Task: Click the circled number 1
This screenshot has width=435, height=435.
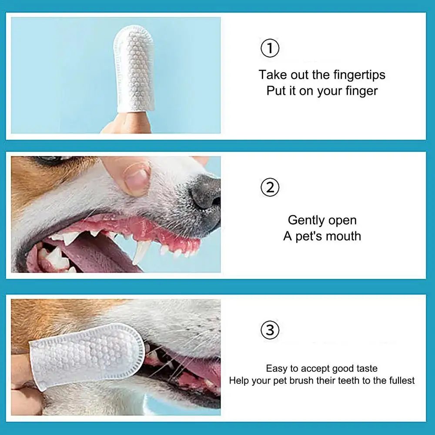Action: [x=270, y=48]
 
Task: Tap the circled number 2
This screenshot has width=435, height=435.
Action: [x=270, y=187]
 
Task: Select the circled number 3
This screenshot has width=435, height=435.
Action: [x=270, y=330]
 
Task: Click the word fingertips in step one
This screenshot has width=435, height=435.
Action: [x=359, y=75]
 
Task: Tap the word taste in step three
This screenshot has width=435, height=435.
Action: [x=367, y=368]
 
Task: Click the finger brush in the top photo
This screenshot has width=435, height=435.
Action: [x=134, y=69]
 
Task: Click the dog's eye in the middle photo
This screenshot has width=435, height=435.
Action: [x=50, y=159]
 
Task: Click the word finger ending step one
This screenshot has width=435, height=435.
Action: [x=361, y=91]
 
